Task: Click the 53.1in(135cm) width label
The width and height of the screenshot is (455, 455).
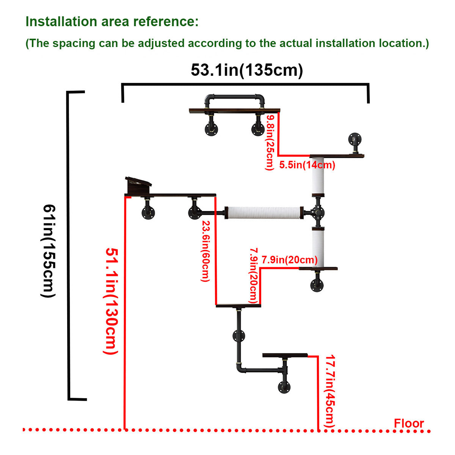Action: click(x=247, y=70)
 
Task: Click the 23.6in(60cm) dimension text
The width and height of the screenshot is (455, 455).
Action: click(x=205, y=251)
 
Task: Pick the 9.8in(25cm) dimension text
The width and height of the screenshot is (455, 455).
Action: click(x=270, y=143)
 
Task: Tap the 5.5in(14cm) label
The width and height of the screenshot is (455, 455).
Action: click(x=307, y=165)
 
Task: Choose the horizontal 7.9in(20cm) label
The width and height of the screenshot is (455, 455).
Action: click(x=289, y=260)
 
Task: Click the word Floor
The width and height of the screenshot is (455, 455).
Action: click(x=408, y=423)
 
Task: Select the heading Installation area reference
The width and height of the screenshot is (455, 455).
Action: click(x=112, y=22)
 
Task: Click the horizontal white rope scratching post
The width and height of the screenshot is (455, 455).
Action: click(x=263, y=212)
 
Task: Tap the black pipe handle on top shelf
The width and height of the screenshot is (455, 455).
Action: click(x=234, y=99)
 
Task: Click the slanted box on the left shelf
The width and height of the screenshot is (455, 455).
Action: click(x=138, y=185)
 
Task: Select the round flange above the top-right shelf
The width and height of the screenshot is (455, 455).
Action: click(x=355, y=138)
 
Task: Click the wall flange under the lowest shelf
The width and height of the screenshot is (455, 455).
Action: click(x=284, y=387)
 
